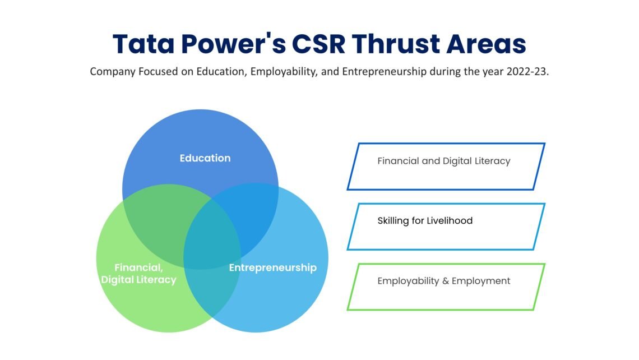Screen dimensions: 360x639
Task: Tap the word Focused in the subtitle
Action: click(x=154, y=72)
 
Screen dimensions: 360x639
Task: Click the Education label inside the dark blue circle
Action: click(x=205, y=158)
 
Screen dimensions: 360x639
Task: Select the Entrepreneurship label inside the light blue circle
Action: click(x=272, y=267)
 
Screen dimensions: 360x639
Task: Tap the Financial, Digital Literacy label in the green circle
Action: click(x=138, y=273)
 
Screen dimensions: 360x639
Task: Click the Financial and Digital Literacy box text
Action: click(x=443, y=161)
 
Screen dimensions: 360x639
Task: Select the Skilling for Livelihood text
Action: click(x=425, y=220)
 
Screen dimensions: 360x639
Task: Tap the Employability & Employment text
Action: click(x=443, y=280)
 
